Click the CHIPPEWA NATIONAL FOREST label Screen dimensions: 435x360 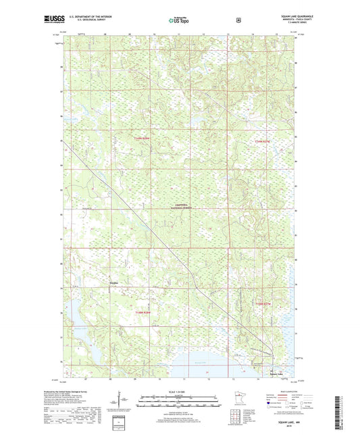180,208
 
